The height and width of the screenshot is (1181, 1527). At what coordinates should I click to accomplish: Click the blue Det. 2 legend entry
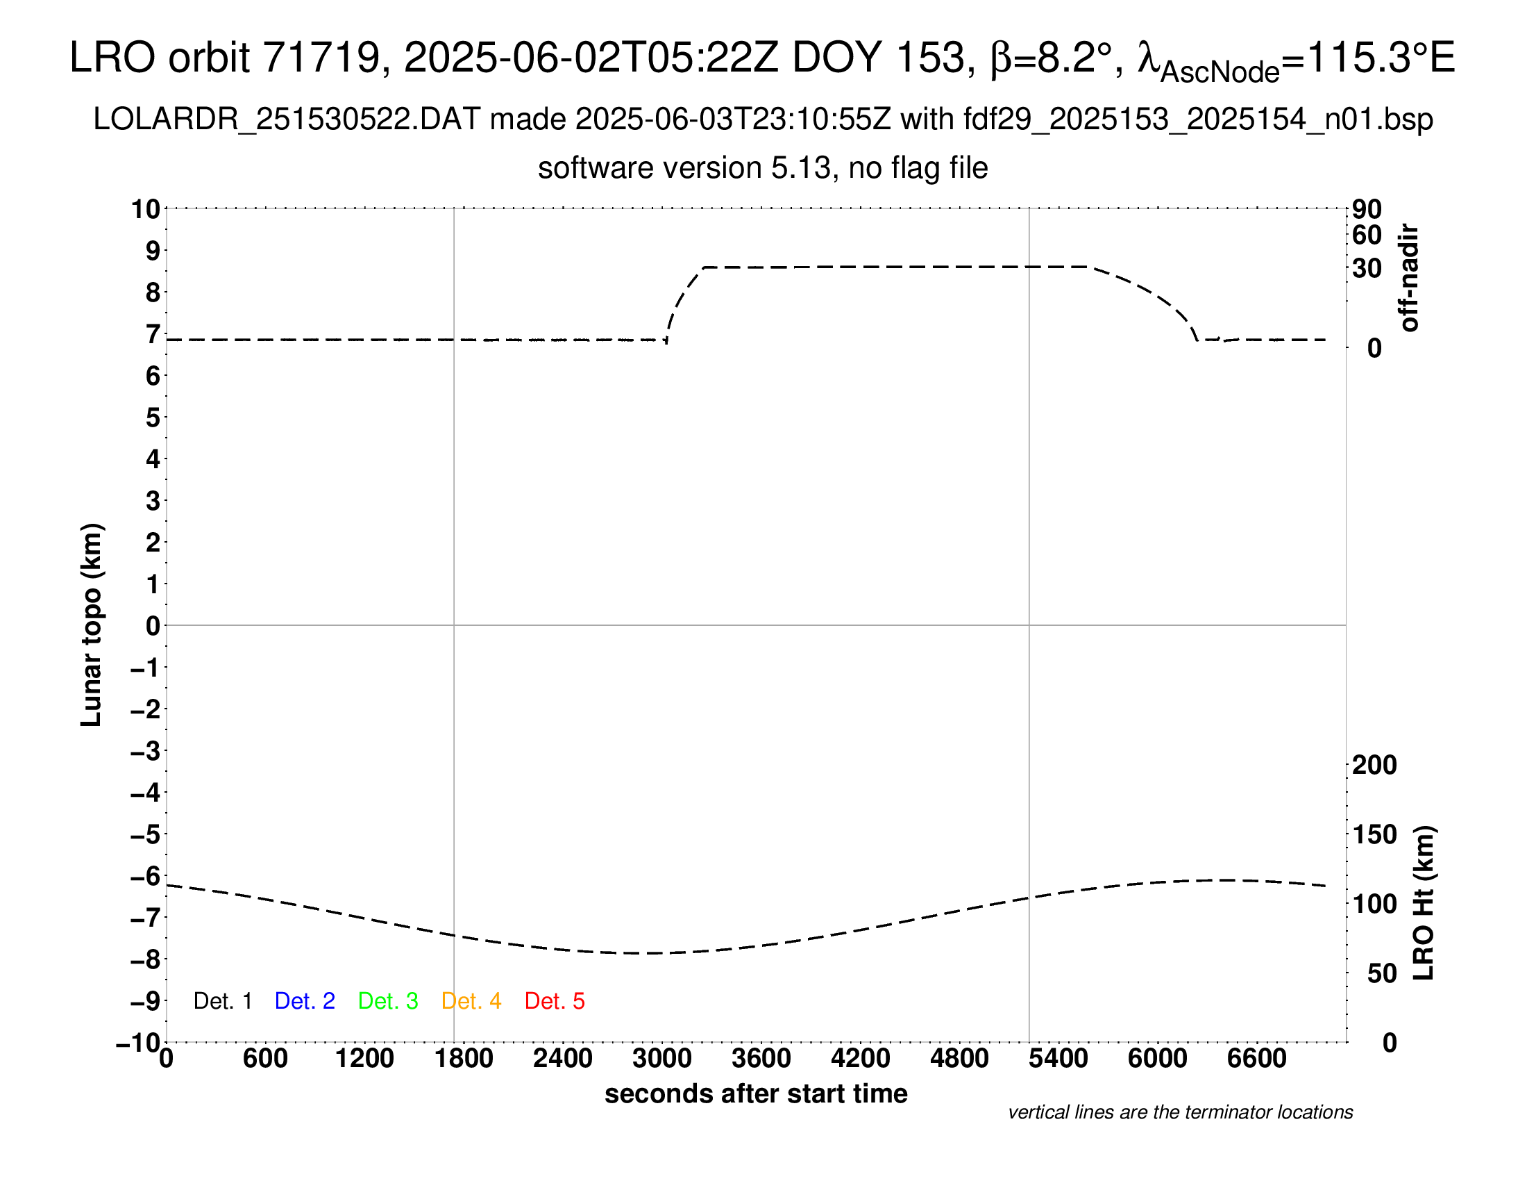point(305,1001)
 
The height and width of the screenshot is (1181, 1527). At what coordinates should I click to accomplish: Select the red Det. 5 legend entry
point(555,1001)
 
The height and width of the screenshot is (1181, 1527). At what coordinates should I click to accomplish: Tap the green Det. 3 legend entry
point(388,1001)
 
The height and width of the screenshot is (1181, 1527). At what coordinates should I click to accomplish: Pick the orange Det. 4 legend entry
point(471,1001)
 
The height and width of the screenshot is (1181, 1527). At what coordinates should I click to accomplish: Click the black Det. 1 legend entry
point(222,1001)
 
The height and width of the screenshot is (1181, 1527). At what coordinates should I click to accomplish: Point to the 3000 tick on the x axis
point(662,1059)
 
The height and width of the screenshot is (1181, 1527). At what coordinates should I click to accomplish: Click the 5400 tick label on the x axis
point(1058,1059)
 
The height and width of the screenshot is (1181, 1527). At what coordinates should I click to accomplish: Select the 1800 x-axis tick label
point(464,1059)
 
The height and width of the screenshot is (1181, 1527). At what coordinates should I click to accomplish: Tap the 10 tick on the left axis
point(146,209)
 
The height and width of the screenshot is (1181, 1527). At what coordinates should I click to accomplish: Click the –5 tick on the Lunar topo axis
point(146,834)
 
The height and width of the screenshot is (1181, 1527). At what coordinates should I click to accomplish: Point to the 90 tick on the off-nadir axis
point(1367,209)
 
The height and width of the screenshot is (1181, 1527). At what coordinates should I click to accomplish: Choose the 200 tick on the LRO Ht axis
point(1374,765)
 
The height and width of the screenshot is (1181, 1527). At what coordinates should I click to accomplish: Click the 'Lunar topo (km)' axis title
point(92,625)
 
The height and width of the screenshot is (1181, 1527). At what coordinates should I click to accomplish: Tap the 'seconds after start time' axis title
point(756,1093)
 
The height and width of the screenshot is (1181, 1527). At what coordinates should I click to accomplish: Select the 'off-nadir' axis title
point(1409,278)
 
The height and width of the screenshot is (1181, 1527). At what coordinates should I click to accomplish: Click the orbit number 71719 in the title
point(321,58)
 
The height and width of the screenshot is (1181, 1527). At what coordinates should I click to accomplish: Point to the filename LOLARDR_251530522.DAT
point(287,119)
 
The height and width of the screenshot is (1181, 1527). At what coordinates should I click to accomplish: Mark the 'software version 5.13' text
point(684,169)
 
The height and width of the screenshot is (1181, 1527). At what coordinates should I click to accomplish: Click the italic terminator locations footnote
point(1180,1112)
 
